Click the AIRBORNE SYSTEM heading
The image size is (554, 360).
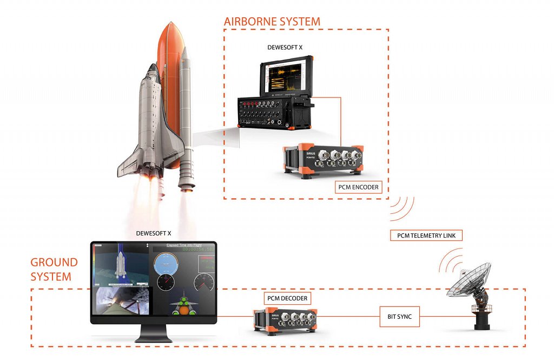[272, 22]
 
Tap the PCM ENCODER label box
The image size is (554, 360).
[357, 187]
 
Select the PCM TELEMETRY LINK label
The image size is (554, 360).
[426, 235]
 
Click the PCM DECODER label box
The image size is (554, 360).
[287, 298]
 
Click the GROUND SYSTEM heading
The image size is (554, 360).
[54, 270]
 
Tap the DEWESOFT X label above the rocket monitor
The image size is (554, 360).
[154, 233]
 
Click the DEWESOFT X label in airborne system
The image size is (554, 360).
[285, 47]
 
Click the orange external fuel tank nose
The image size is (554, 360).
[169, 32]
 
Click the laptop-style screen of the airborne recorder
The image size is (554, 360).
[285, 76]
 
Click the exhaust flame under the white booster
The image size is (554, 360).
[186, 208]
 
